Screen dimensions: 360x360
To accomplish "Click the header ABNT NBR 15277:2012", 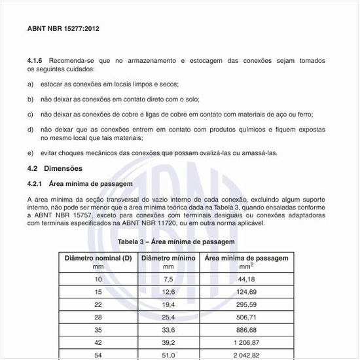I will (x=63, y=29).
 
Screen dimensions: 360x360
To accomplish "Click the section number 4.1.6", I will (x=37, y=60).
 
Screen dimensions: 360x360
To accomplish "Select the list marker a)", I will (x=30, y=84).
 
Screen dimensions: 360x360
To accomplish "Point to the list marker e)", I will (x=30, y=153).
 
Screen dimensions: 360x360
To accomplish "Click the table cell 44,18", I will (x=247, y=279).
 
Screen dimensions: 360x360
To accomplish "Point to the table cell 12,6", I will (x=168, y=292).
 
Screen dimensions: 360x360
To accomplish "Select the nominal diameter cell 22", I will (x=98, y=304).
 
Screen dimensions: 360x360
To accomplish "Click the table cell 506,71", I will (x=247, y=317).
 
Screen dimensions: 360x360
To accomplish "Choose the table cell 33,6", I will (x=168, y=329).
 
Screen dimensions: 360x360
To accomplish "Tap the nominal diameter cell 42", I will (x=98, y=342).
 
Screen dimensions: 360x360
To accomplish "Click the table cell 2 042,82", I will (x=247, y=354).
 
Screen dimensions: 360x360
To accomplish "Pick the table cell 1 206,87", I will (x=247, y=342).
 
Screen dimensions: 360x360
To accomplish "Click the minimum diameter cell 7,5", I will (x=168, y=279).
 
